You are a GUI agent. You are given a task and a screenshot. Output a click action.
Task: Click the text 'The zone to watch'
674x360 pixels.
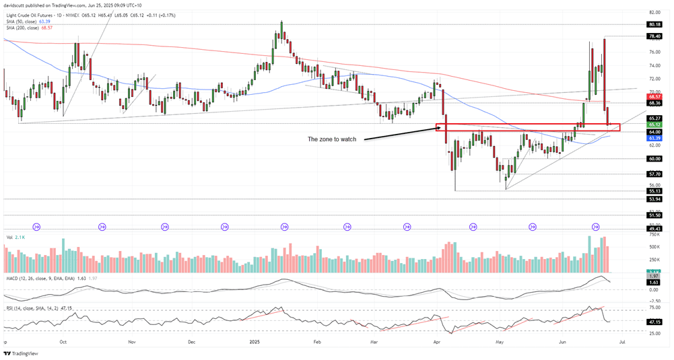(x=331, y=139)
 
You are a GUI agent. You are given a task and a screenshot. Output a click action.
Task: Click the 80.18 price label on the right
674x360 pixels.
(x=654, y=24)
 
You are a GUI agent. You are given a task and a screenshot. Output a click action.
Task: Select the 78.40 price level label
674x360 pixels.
(x=654, y=36)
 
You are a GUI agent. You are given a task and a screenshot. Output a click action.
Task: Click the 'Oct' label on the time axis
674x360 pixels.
(x=63, y=342)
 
